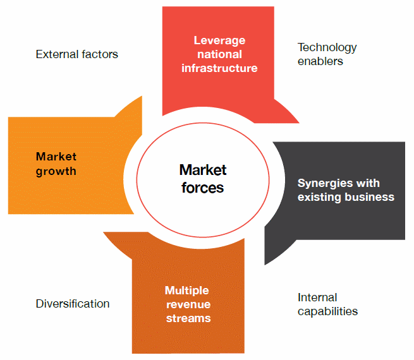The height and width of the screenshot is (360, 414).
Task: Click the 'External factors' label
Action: click(76, 54)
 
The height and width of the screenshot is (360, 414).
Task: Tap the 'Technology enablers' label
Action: click(327, 54)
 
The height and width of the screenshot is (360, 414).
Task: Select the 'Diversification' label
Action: click(73, 304)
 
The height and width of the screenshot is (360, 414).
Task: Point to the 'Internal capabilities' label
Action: click(327, 304)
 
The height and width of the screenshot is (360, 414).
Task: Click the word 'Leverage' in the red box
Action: click(219, 40)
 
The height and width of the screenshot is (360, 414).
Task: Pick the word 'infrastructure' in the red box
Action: click(219, 68)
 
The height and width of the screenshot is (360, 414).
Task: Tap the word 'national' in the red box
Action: click(219, 54)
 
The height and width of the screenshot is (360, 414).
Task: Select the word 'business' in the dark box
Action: click(370, 197)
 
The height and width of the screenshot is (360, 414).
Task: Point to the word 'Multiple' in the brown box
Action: click(187, 291)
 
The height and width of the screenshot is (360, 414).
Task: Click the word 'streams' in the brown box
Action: click(188, 318)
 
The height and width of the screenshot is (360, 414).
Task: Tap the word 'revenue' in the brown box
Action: click(187, 304)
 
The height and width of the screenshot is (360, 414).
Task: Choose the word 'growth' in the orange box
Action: click(56, 171)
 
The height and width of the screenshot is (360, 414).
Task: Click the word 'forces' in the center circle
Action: click(202, 188)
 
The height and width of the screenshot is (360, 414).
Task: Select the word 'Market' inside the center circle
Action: click(202, 170)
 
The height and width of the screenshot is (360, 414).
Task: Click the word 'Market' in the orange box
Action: click(56, 157)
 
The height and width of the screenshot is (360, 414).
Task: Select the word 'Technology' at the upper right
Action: click(327, 47)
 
